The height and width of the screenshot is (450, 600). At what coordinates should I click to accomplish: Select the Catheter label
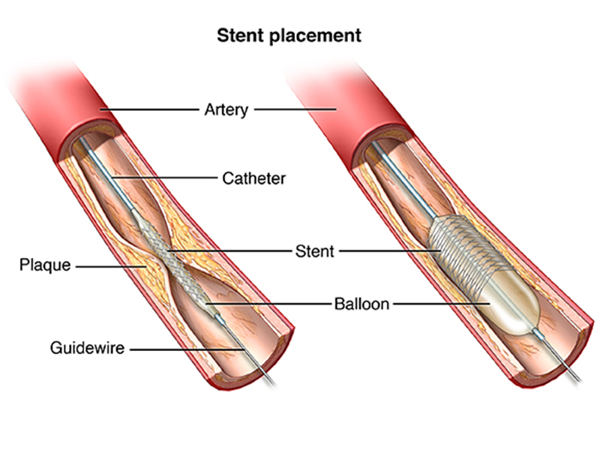tap(253, 178)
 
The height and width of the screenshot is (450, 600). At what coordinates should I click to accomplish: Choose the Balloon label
tap(362, 304)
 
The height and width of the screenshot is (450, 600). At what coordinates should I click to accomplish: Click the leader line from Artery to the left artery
tap(150, 109)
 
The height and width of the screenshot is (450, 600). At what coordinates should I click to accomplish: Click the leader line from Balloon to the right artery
tap(442, 304)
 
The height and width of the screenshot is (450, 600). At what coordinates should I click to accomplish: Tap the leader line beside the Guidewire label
tap(180, 348)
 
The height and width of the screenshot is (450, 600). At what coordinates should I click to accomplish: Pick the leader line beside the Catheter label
tap(165, 178)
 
